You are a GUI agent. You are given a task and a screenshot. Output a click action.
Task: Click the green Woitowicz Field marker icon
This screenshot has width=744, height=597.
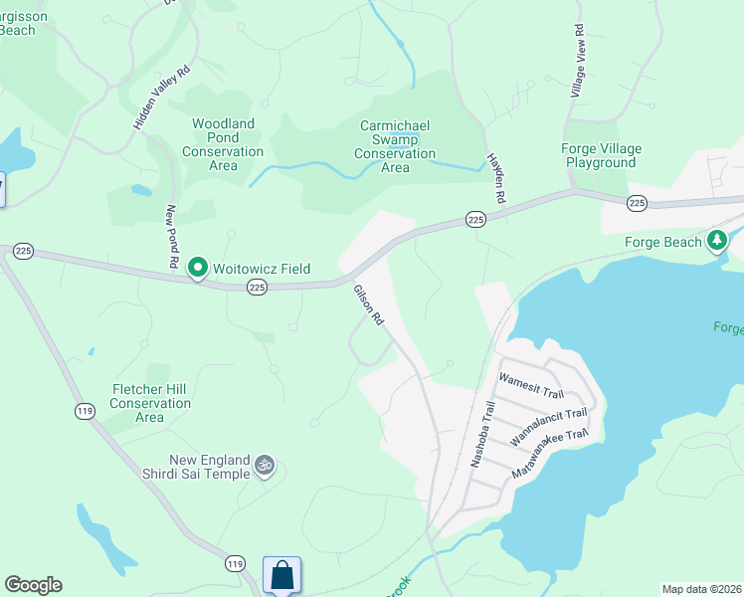[198, 268]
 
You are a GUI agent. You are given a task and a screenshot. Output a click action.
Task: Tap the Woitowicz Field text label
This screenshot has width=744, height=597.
[261, 269]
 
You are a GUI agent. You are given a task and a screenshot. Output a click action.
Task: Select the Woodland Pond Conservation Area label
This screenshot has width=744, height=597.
[223, 144]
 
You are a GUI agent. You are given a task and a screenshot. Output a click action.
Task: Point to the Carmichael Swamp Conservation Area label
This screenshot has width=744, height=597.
[395, 146]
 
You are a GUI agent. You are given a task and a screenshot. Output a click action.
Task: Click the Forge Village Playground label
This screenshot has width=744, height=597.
[601, 155]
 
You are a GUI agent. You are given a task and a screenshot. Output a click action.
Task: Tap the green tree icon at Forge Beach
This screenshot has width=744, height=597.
[716, 241]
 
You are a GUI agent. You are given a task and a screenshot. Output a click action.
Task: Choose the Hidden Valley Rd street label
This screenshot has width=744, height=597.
[162, 98]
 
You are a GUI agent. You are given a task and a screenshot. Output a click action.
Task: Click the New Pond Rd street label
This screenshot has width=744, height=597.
[172, 236]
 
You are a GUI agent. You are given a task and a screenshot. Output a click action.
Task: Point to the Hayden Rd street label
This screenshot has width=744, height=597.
[495, 179]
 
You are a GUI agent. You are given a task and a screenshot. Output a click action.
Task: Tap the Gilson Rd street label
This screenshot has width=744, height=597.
[369, 305]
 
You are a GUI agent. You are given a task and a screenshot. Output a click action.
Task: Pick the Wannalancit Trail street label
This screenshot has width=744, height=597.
[548, 425]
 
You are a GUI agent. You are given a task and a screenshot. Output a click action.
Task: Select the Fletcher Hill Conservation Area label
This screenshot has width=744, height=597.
[150, 403]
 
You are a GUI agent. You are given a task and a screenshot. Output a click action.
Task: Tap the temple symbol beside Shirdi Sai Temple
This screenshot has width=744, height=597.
[265, 465]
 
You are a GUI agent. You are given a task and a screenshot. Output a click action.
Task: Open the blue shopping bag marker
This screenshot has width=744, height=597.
[281, 574]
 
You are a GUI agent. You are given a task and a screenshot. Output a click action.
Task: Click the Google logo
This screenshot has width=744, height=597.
[33, 585]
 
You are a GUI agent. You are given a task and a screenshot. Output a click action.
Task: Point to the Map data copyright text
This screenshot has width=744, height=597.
[702, 589]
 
